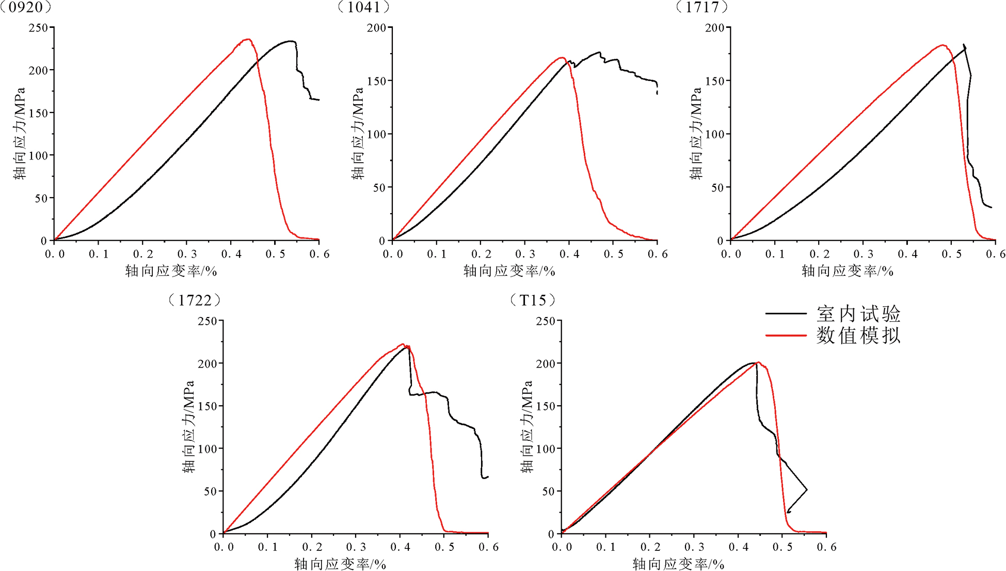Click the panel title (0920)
[x=26, y=7]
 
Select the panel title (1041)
[x=363, y=7]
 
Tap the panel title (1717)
[x=702, y=7]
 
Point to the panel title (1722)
[x=195, y=300]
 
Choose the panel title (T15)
[x=533, y=300]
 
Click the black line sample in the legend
[x=786, y=313]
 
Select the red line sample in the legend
[x=786, y=336]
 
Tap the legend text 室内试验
[x=858, y=314]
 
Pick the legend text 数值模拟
[x=858, y=336]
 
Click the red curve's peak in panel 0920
[x=248, y=39]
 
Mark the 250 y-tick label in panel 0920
[x=38, y=27]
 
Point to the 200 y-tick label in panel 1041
[x=376, y=28]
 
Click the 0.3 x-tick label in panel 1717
[x=863, y=254]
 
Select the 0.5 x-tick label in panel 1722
[x=444, y=547]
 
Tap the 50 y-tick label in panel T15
[x=548, y=491]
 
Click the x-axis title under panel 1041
[x=509, y=271]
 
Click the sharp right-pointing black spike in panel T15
[x=806, y=489]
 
